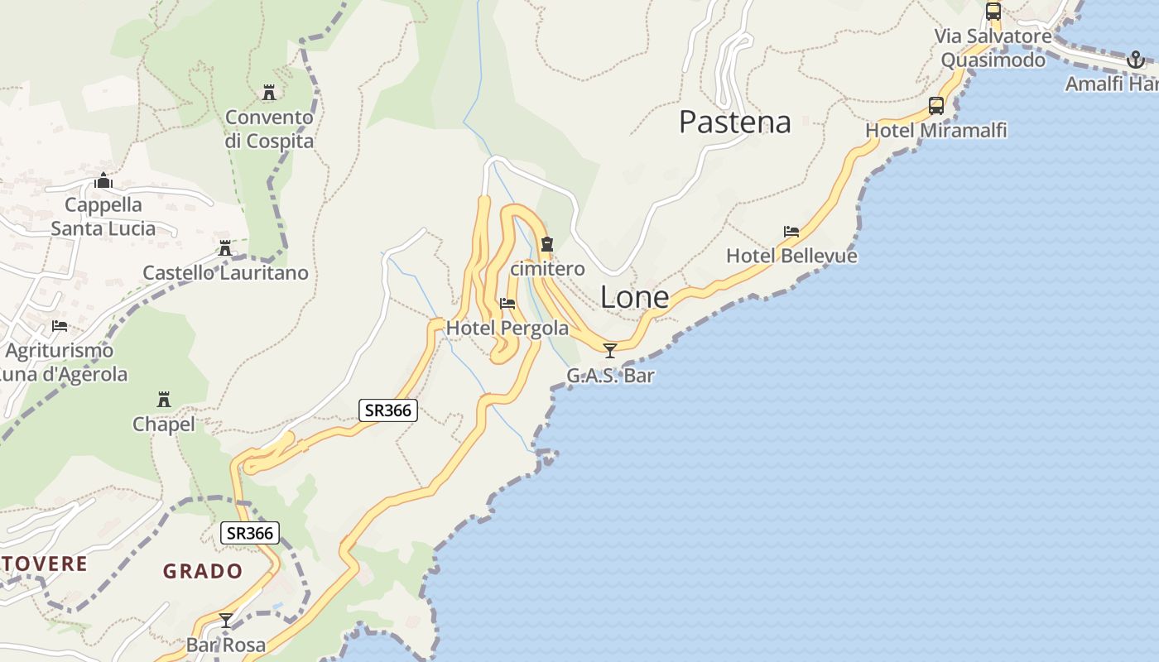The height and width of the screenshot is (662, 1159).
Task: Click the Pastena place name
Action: [735, 122]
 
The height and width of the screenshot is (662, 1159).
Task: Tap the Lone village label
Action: [634, 297]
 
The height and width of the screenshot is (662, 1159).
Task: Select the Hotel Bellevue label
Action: [791, 256]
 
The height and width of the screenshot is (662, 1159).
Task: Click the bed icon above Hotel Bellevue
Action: [791, 232]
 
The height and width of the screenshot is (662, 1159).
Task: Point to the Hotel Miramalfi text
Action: [936, 131]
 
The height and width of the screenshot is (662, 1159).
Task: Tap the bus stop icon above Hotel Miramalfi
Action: [936, 106]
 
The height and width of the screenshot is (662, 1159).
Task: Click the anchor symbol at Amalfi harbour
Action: [1136, 60]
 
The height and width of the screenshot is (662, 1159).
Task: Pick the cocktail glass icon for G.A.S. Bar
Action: [610, 351]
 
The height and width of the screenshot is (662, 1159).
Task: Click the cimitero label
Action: [547, 269]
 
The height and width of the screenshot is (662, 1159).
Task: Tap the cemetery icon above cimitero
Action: [546, 244]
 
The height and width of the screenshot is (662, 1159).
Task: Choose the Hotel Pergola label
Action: [507, 329]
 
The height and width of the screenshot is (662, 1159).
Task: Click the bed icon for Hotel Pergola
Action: [507, 304]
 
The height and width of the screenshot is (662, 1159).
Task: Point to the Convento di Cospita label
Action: [270, 129]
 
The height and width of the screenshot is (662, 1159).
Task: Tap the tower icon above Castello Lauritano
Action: [224, 248]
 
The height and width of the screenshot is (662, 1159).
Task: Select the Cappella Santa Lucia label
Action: [103, 217]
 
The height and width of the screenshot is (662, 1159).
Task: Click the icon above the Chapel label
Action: [164, 400]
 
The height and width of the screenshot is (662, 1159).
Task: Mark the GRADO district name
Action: [203, 571]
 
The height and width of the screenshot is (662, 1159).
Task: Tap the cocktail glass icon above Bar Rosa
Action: [225, 621]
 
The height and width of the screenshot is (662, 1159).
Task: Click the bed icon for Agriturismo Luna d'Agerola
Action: [60, 326]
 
